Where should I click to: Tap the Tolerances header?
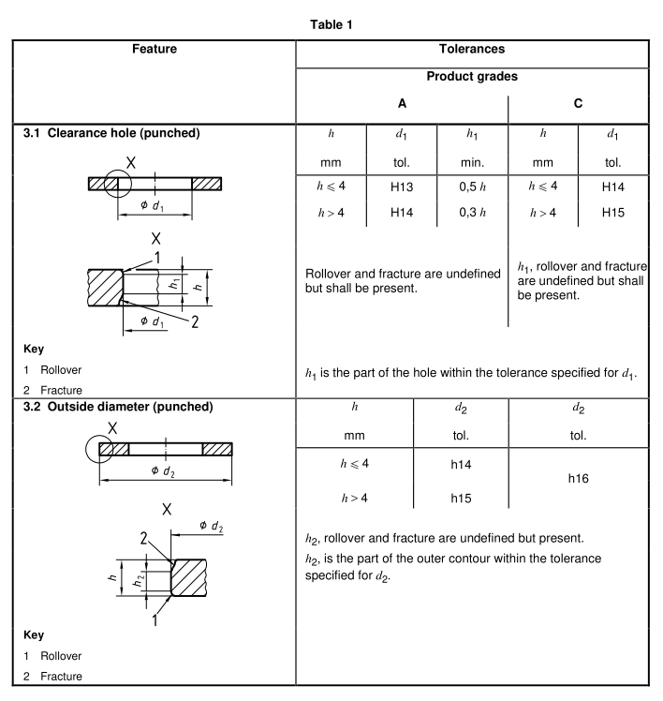pyautogui.click(x=472, y=47)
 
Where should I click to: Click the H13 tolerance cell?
pyautogui.click(x=401, y=186)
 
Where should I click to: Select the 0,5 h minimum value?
pyautogui.click(x=472, y=186)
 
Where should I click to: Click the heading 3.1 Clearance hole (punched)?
pyautogui.click(x=111, y=133)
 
